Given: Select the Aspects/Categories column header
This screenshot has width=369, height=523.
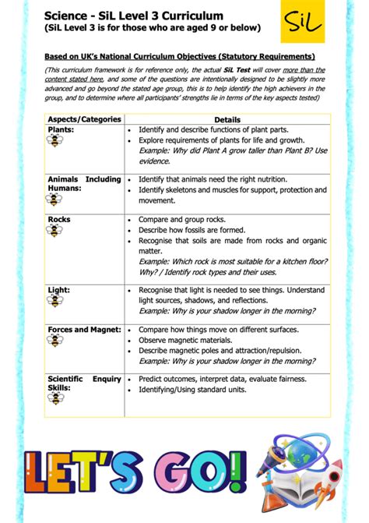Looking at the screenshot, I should click(85, 119).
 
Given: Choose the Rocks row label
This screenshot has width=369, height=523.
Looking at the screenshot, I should click(59, 220).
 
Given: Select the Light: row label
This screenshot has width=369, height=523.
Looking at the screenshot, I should click(59, 290).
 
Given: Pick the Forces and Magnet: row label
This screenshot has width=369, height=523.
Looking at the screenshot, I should click(84, 330).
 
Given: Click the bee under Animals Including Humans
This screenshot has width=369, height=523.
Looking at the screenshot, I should click(56, 200).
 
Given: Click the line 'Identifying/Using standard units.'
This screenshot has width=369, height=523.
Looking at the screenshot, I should click(203, 390).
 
